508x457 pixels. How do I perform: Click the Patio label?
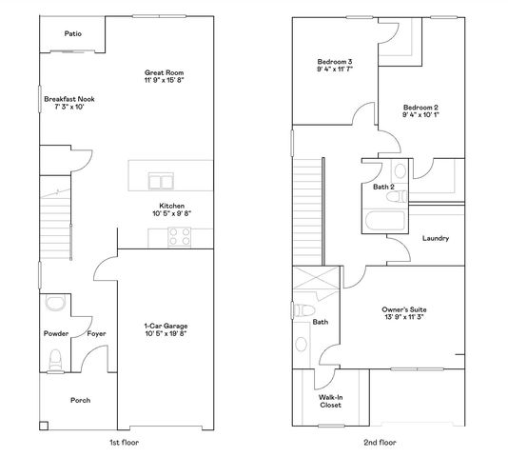pos(72,34)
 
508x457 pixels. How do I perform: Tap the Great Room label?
pos(164,72)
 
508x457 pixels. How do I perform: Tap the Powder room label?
pos(55,333)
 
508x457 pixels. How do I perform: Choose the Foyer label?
pos(96,333)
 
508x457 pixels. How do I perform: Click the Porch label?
pos(81,400)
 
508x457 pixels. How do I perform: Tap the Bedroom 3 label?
pos(335,63)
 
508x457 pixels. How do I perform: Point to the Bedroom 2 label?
pos(420,108)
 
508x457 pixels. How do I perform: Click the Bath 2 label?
pos(383,187)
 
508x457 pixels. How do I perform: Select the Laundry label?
pos(436,238)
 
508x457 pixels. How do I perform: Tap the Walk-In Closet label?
pos(330,401)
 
